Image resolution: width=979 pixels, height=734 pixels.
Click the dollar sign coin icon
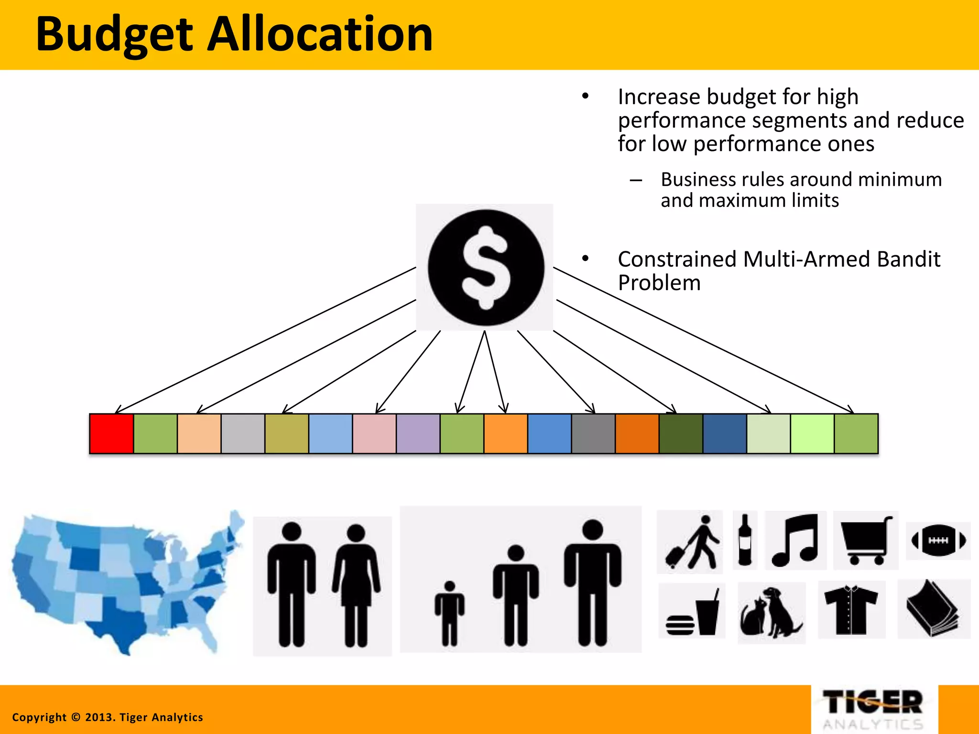[486, 268]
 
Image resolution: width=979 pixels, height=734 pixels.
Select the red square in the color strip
[111, 433]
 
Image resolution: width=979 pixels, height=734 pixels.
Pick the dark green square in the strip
[681, 433]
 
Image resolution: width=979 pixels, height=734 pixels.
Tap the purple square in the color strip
[418, 433]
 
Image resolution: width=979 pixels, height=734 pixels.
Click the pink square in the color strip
[374, 433]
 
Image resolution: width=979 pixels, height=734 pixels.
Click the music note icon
[795, 540]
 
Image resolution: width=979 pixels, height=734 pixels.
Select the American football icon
[938, 540]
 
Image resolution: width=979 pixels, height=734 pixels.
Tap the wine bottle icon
[745, 540]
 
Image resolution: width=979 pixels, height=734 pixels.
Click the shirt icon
[851, 610]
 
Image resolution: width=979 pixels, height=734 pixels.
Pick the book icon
[933, 609]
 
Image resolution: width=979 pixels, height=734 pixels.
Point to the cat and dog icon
[771, 613]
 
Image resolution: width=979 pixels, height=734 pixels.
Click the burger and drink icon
[692, 612]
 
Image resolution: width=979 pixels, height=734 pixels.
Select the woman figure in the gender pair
[356, 585]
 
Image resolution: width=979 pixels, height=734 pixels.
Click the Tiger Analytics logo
[874, 709]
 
